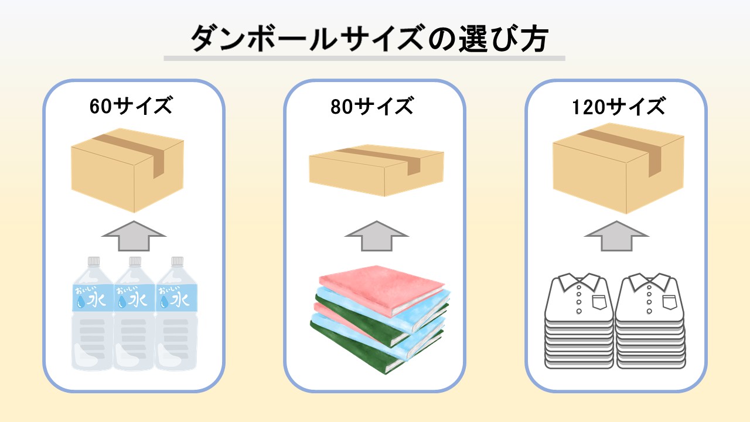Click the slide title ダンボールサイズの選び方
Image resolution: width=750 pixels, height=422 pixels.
[369, 40]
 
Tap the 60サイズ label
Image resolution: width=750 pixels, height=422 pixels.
[131, 107]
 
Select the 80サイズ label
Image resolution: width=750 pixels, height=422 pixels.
[372, 107]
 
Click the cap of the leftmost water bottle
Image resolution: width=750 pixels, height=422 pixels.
[93, 261]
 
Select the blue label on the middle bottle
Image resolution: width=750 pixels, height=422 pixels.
[134, 297]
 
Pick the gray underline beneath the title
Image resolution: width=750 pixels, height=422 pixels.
[364, 59]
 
